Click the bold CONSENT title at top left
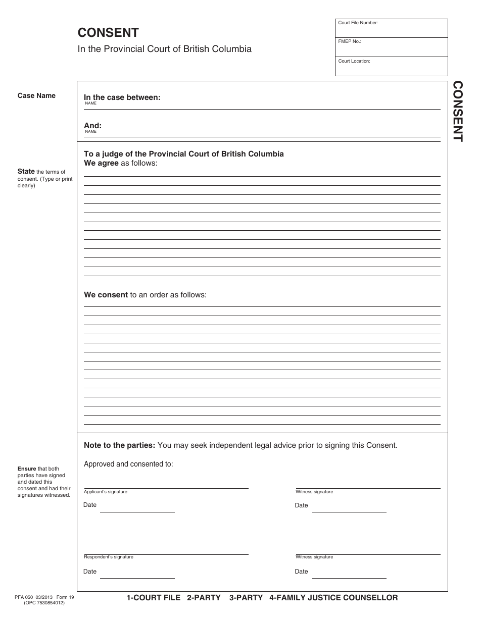point(108,33)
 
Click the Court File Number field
point(391,29)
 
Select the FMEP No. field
point(391,47)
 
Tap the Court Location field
point(391,67)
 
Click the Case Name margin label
point(36,95)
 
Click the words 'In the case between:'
point(122,97)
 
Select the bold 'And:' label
point(92,126)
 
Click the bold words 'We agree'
point(101,163)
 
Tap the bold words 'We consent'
point(106,295)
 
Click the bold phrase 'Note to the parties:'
point(119,445)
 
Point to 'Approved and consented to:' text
point(128,464)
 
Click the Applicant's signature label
point(106,492)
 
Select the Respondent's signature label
point(109,557)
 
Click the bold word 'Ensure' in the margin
point(27,469)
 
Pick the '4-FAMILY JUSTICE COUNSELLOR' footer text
point(333,598)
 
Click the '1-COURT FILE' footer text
point(153,598)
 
